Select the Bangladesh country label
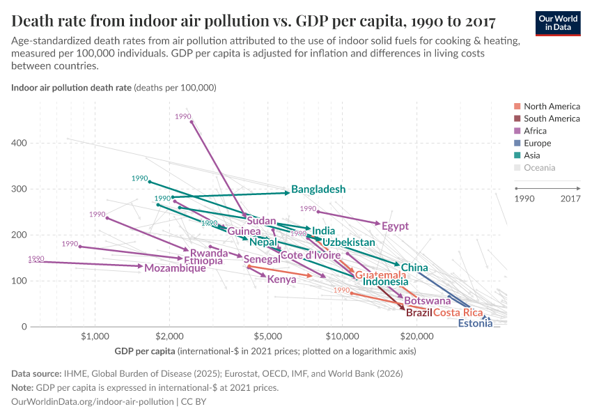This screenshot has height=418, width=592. click(x=318, y=189)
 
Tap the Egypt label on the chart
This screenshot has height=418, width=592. click(x=395, y=226)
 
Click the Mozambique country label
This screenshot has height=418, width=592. click(x=175, y=268)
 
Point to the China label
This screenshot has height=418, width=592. click(x=414, y=268)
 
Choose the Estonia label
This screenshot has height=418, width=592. click(x=475, y=323)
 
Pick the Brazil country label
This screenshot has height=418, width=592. click(x=419, y=313)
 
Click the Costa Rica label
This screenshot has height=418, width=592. click(x=458, y=313)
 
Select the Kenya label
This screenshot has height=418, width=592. click(x=282, y=279)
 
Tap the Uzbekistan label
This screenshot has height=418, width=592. click(x=349, y=242)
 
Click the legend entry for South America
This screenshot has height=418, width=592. click(x=551, y=118)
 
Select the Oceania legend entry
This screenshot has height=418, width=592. click(x=539, y=168)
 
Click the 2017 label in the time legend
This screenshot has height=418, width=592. click(x=570, y=199)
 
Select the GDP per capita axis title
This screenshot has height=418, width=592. click(x=146, y=351)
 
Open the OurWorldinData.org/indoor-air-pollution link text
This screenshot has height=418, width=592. click(x=93, y=402)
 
